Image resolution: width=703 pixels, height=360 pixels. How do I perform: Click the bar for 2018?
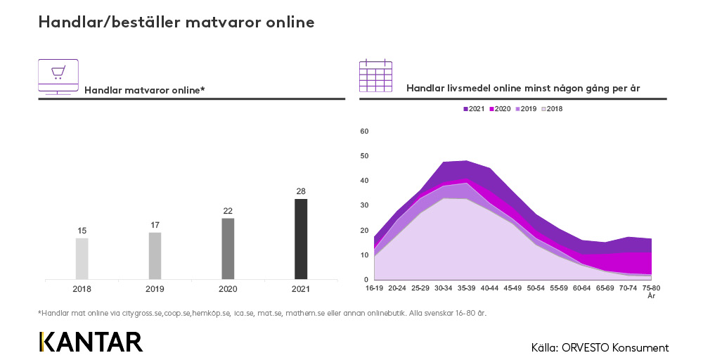pos(82,258)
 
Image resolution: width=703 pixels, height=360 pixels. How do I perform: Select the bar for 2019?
pos(155,255)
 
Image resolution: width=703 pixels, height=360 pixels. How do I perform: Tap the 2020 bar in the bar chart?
pos(228,248)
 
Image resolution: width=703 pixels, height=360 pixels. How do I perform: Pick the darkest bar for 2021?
pos(301,238)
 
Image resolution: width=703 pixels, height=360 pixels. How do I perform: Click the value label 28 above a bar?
pos(301,191)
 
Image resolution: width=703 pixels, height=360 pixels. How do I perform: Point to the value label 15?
pos(82,231)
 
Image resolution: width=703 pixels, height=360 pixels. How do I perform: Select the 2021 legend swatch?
pos(465,109)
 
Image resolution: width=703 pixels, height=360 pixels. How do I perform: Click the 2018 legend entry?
pos(550,109)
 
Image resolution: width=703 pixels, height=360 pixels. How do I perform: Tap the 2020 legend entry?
pos(498,109)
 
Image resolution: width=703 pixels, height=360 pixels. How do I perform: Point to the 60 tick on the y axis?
pos(364,131)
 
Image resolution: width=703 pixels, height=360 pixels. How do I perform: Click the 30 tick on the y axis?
pos(364,205)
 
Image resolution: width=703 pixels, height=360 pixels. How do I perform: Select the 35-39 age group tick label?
pos(467,288)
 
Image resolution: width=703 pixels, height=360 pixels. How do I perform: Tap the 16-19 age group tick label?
pos(375,288)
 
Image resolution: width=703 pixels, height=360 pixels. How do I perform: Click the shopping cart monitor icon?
pos(58,77)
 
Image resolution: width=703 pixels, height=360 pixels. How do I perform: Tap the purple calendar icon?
pos(375,76)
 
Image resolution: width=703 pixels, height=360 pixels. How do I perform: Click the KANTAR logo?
pos(91,342)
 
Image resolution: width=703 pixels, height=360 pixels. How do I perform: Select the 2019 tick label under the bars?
pos(155,288)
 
